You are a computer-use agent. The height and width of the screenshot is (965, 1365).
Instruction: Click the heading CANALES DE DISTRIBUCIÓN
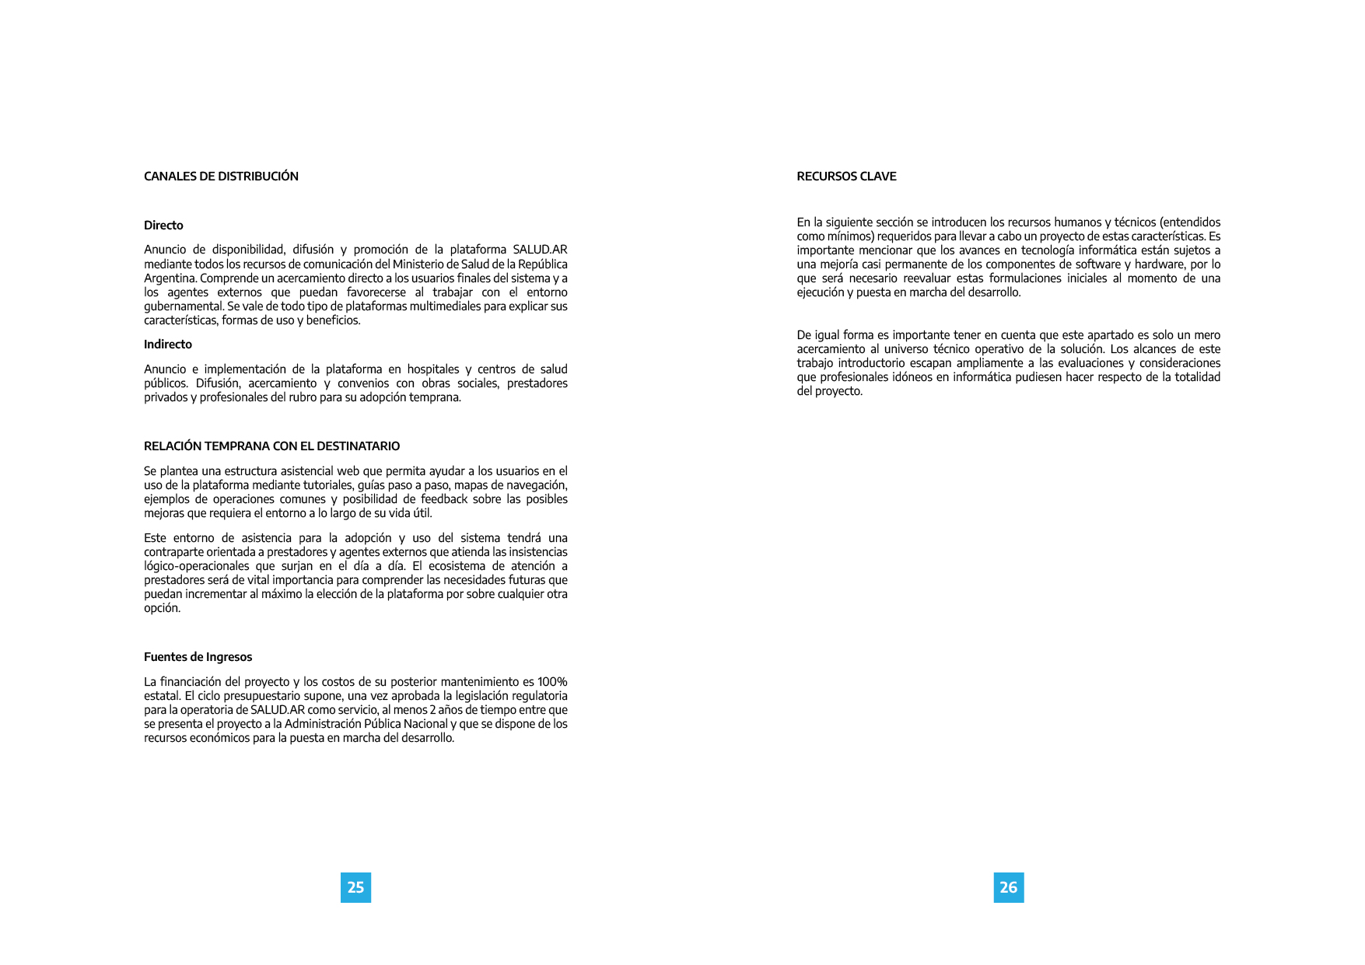(221, 177)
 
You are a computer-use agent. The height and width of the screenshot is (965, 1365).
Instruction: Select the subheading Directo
(163, 226)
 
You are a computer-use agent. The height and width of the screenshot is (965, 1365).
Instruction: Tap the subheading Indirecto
(168, 344)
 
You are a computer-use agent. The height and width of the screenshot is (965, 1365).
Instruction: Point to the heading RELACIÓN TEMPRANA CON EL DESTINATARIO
(271, 446)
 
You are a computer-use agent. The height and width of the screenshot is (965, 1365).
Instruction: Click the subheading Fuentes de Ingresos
(198, 657)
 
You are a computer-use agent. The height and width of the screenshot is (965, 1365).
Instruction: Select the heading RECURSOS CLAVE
(846, 177)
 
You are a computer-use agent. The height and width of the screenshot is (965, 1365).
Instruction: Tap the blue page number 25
(355, 887)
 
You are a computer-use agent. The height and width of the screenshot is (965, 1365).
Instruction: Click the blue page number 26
(1008, 887)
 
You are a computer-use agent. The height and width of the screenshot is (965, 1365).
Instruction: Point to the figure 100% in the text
(551, 682)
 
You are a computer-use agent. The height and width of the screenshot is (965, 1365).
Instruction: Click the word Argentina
(170, 278)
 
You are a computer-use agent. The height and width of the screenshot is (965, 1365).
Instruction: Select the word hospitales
(432, 369)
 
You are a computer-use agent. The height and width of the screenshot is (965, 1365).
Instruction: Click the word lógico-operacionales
(195, 566)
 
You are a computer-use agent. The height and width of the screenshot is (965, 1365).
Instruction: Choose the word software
(1097, 264)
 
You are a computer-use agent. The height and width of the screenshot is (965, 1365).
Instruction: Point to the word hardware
(1160, 264)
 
